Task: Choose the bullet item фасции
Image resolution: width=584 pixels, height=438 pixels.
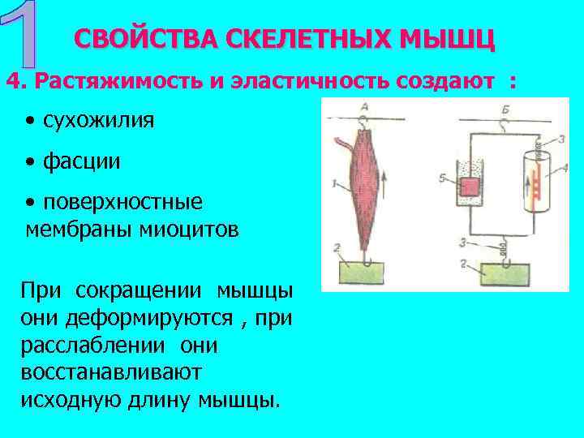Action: point(82,161)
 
